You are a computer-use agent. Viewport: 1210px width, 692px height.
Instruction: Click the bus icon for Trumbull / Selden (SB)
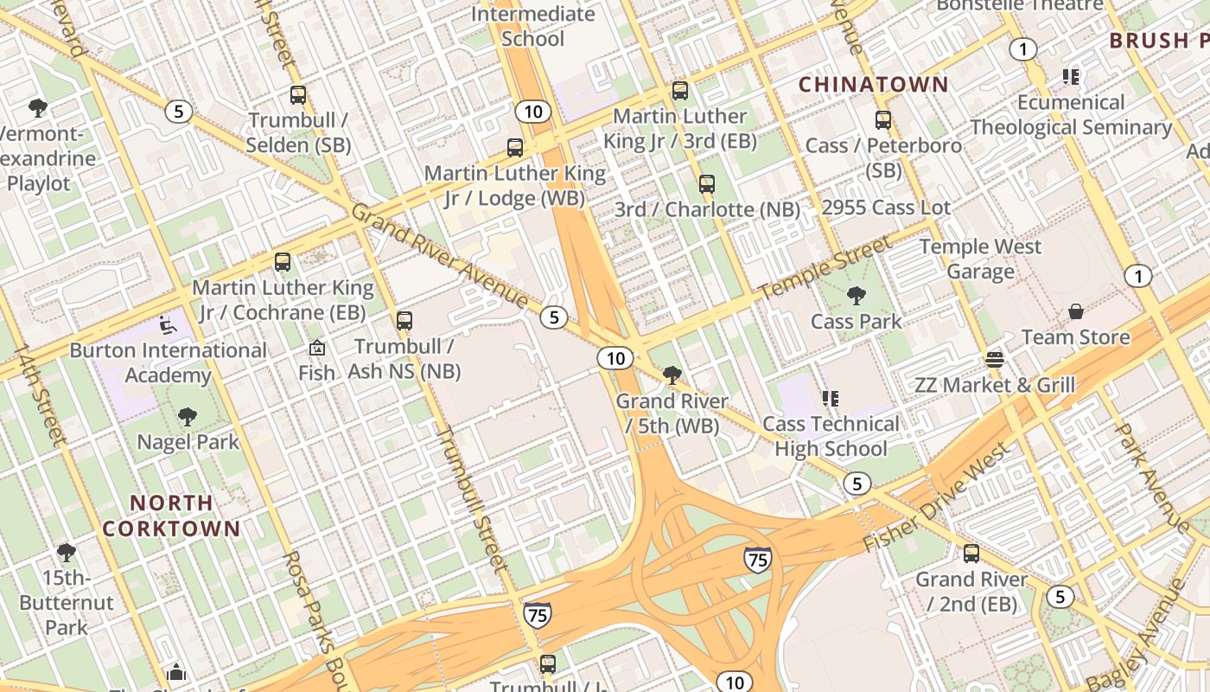(298, 95)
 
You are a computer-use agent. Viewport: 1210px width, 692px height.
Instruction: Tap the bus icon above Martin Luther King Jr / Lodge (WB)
(515, 148)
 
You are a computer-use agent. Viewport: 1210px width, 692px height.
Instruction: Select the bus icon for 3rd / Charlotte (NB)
(707, 183)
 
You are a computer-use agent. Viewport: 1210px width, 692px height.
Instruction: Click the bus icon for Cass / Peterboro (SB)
(883, 120)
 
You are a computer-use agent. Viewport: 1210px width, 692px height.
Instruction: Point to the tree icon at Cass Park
(856, 296)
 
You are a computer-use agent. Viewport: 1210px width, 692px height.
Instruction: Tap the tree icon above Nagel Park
(188, 417)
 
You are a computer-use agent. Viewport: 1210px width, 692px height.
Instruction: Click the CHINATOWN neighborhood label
(873, 85)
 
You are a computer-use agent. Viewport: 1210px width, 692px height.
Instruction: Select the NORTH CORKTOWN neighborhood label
(171, 516)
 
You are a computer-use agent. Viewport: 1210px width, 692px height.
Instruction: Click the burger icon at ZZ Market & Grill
(995, 360)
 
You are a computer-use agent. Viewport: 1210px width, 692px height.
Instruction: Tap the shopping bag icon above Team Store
(1076, 311)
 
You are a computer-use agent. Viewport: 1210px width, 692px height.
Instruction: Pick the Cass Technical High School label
(831, 436)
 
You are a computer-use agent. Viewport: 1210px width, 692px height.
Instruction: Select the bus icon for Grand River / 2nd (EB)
(971, 554)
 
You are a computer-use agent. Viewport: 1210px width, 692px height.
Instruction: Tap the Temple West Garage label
(980, 259)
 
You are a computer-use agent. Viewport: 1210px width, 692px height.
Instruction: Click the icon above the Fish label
(317, 349)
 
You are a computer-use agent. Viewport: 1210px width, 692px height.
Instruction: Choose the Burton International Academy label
(168, 362)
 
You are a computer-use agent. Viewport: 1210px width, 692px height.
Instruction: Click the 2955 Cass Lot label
(886, 208)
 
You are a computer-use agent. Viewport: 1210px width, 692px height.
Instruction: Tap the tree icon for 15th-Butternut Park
(67, 552)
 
